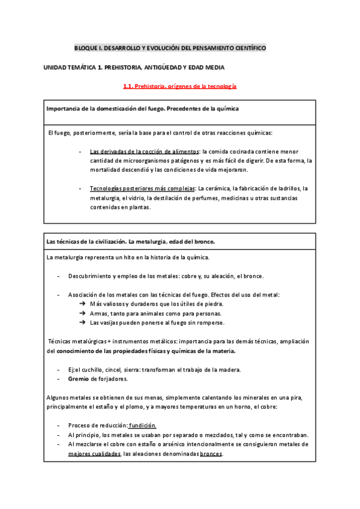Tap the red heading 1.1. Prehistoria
coord(179,86)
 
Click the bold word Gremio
coord(78,379)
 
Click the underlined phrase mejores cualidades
coord(94,454)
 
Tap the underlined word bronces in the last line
coord(211,454)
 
